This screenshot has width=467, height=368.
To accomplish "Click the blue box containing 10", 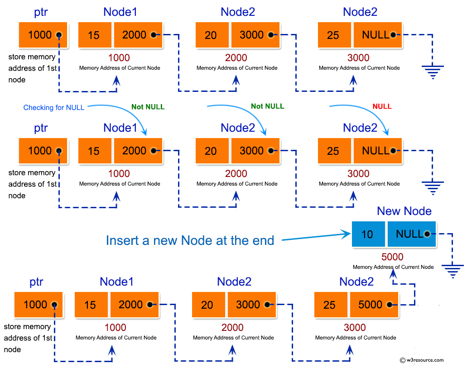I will click(x=368, y=234).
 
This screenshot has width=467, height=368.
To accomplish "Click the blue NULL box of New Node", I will click(x=411, y=234).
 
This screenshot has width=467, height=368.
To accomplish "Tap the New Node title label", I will click(x=404, y=211).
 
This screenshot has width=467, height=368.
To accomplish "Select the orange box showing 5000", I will click(x=374, y=305).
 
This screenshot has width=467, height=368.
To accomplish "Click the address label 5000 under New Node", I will click(x=392, y=257).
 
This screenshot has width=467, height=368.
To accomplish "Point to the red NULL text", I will click(x=382, y=106).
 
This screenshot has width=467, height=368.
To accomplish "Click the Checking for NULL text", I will click(x=54, y=108).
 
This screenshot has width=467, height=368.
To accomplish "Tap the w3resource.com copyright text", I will click(x=422, y=360).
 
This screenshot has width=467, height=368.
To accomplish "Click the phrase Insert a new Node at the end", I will click(x=190, y=240).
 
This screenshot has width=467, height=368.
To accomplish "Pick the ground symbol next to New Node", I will click(x=451, y=272).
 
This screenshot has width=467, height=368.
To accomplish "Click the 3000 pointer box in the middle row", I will click(x=255, y=151).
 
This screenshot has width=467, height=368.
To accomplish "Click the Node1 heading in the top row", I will click(x=120, y=12).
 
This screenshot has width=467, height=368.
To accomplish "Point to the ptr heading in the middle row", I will click(x=41, y=128).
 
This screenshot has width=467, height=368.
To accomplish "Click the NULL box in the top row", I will click(x=378, y=35).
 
